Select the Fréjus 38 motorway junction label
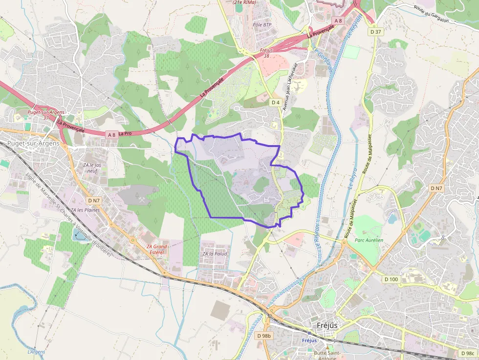pyautogui.click(x=266, y=53)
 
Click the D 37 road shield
pyautogui.click(x=375, y=31)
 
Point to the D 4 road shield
pyautogui.click(x=276, y=102)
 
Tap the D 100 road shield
pyautogui.click(x=391, y=279)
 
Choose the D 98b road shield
pyautogui.click(x=263, y=336)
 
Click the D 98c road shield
pyautogui.click(x=467, y=353)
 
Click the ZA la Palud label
pyautogui.click(x=215, y=254)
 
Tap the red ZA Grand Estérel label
pyautogui.click(x=157, y=250)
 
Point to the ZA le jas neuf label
pyautogui.click(x=92, y=168)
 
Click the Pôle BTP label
pyautogui.click(x=262, y=24)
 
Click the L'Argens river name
pyautogui.click(x=36, y=352)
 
